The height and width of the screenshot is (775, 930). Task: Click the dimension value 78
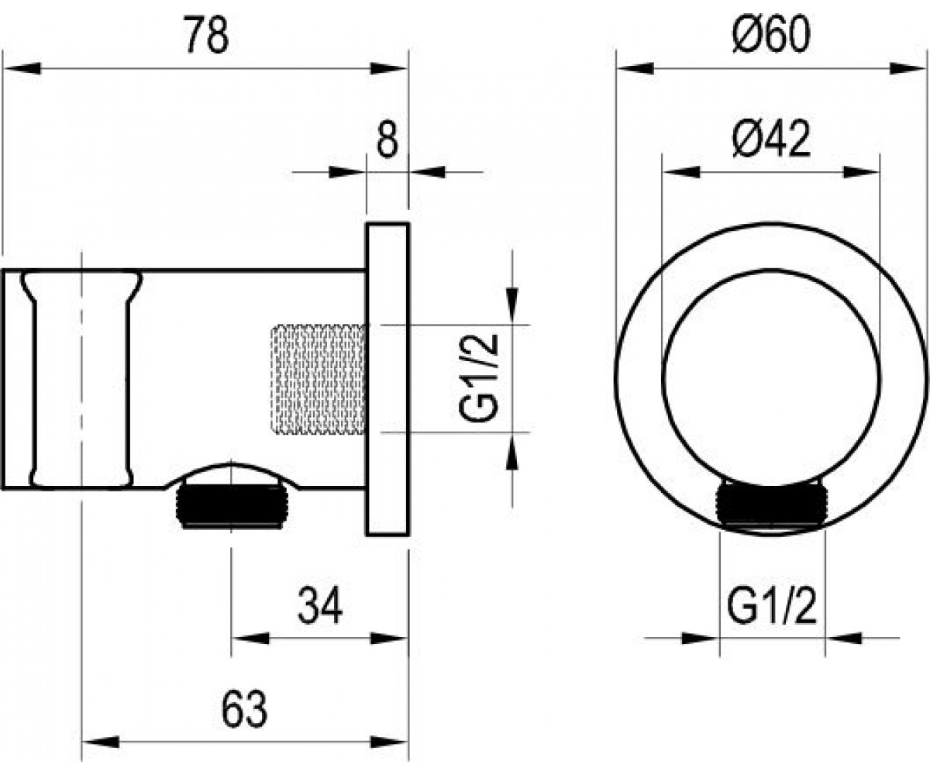click(206, 35)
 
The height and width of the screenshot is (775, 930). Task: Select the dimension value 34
click(320, 606)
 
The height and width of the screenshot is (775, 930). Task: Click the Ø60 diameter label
click(771, 35)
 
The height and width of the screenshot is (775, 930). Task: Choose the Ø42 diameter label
click(771, 139)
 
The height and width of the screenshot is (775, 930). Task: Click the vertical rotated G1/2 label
click(478, 378)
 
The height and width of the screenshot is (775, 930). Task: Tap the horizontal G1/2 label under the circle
click(772, 606)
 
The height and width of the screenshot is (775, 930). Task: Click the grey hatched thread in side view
click(319, 379)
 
